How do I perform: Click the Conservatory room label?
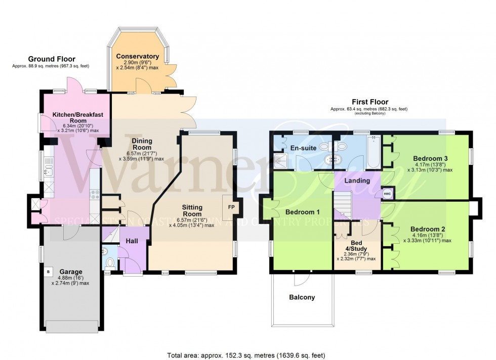click(137, 56)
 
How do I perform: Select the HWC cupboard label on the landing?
click(387, 194)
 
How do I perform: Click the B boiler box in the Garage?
click(49, 272)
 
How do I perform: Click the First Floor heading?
click(368, 102)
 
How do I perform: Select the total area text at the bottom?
click(248, 354)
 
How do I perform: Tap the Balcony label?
click(302, 297)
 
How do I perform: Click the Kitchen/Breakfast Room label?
click(77, 118)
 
